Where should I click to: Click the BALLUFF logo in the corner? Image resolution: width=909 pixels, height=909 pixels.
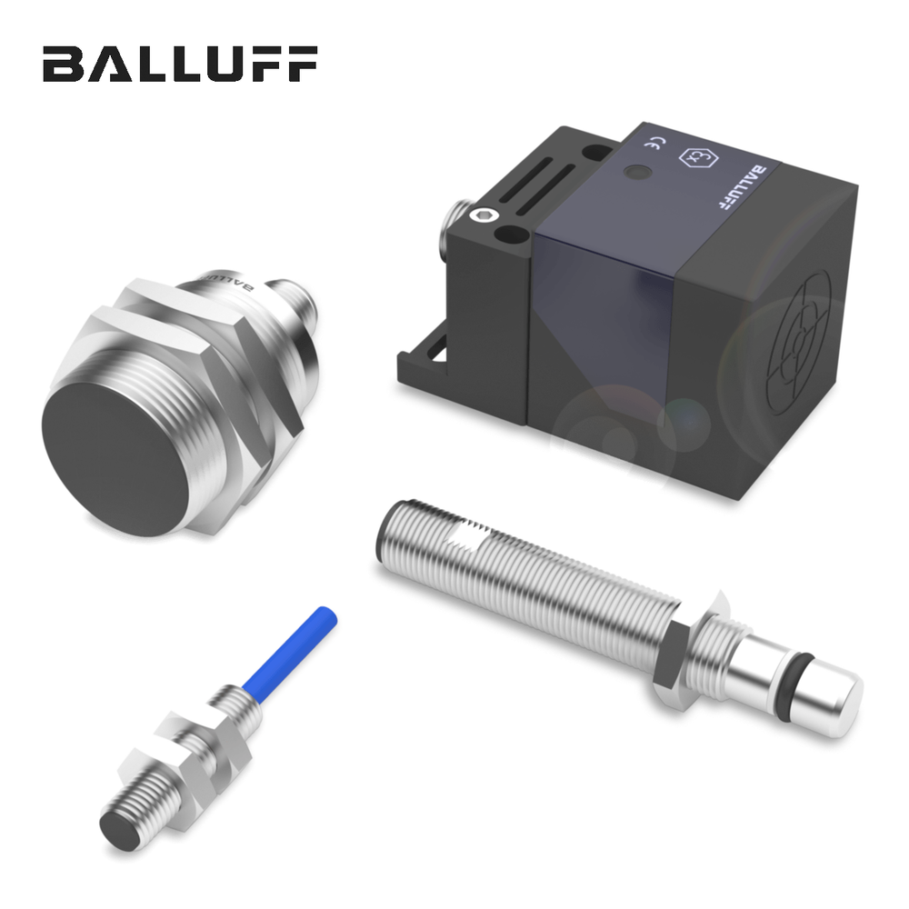click(x=180, y=64)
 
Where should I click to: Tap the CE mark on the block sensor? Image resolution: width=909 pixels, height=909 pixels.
click(x=655, y=144)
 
